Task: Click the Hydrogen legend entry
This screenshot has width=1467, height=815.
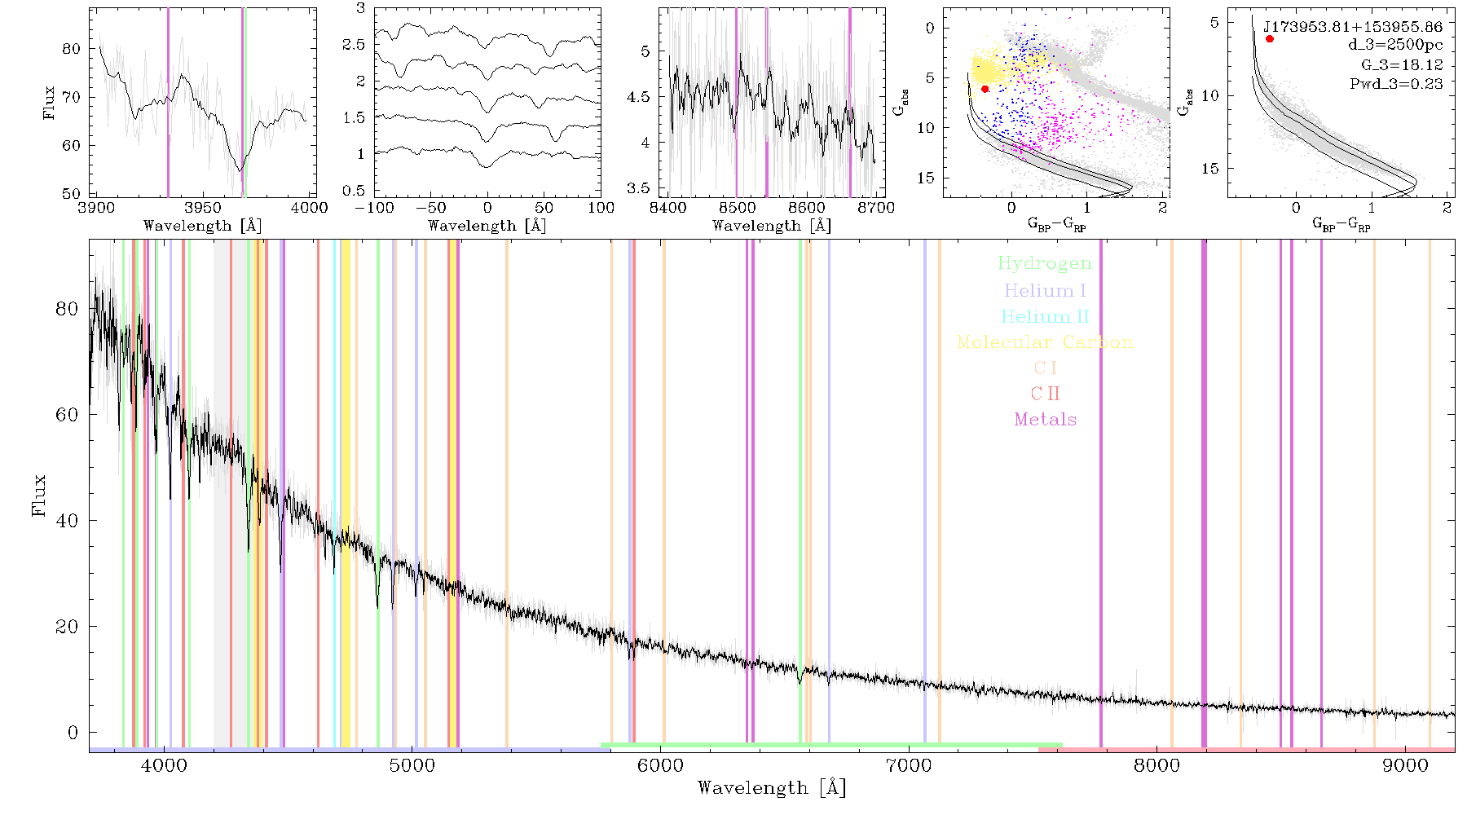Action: pos(1045,264)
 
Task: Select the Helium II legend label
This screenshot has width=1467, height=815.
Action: pos(1045,316)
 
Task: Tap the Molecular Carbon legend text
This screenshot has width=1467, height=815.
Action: pos(1045,342)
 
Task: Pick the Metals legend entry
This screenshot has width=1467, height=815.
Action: pos(1046,420)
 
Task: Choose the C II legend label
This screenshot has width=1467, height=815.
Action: pos(1046,394)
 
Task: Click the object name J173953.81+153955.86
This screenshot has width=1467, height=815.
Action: pos(1353,27)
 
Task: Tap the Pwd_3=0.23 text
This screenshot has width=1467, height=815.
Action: pos(1396,84)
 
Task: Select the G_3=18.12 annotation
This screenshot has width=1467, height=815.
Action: pos(1402,65)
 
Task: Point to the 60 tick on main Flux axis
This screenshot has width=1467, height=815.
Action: pos(68,415)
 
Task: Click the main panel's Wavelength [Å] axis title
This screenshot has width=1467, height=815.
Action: pos(772,788)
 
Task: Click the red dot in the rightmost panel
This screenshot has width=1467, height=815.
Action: pos(1270,38)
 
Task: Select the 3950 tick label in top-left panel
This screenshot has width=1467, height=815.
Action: pos(203,207)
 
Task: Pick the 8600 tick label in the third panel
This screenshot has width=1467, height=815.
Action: pos(807,207)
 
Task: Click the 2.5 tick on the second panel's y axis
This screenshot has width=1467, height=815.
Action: pos(354,45)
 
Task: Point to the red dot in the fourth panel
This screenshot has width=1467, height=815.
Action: pos(985,89)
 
